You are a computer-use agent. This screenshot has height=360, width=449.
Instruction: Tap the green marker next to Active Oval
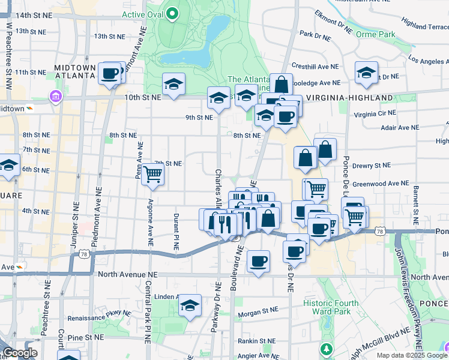coord(172,13)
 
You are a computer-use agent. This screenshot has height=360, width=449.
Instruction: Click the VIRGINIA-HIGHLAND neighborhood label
coord(349,97)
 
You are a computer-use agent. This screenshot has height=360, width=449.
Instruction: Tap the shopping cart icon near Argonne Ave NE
coord(153,174)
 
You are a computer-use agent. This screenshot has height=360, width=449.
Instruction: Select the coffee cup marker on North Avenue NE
coord(258,261)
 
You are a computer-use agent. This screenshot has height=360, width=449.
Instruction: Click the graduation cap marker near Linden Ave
coord(190,305)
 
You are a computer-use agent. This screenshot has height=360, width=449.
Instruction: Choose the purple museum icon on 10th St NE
coord(56,97)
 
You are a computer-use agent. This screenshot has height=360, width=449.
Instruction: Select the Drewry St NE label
coord(372,165)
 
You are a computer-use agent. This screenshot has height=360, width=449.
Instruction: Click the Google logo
coord(19,353)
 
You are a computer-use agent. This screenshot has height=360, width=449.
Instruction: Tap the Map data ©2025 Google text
coord(412,355)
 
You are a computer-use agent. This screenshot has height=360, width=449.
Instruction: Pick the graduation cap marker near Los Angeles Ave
coord(366,73)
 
